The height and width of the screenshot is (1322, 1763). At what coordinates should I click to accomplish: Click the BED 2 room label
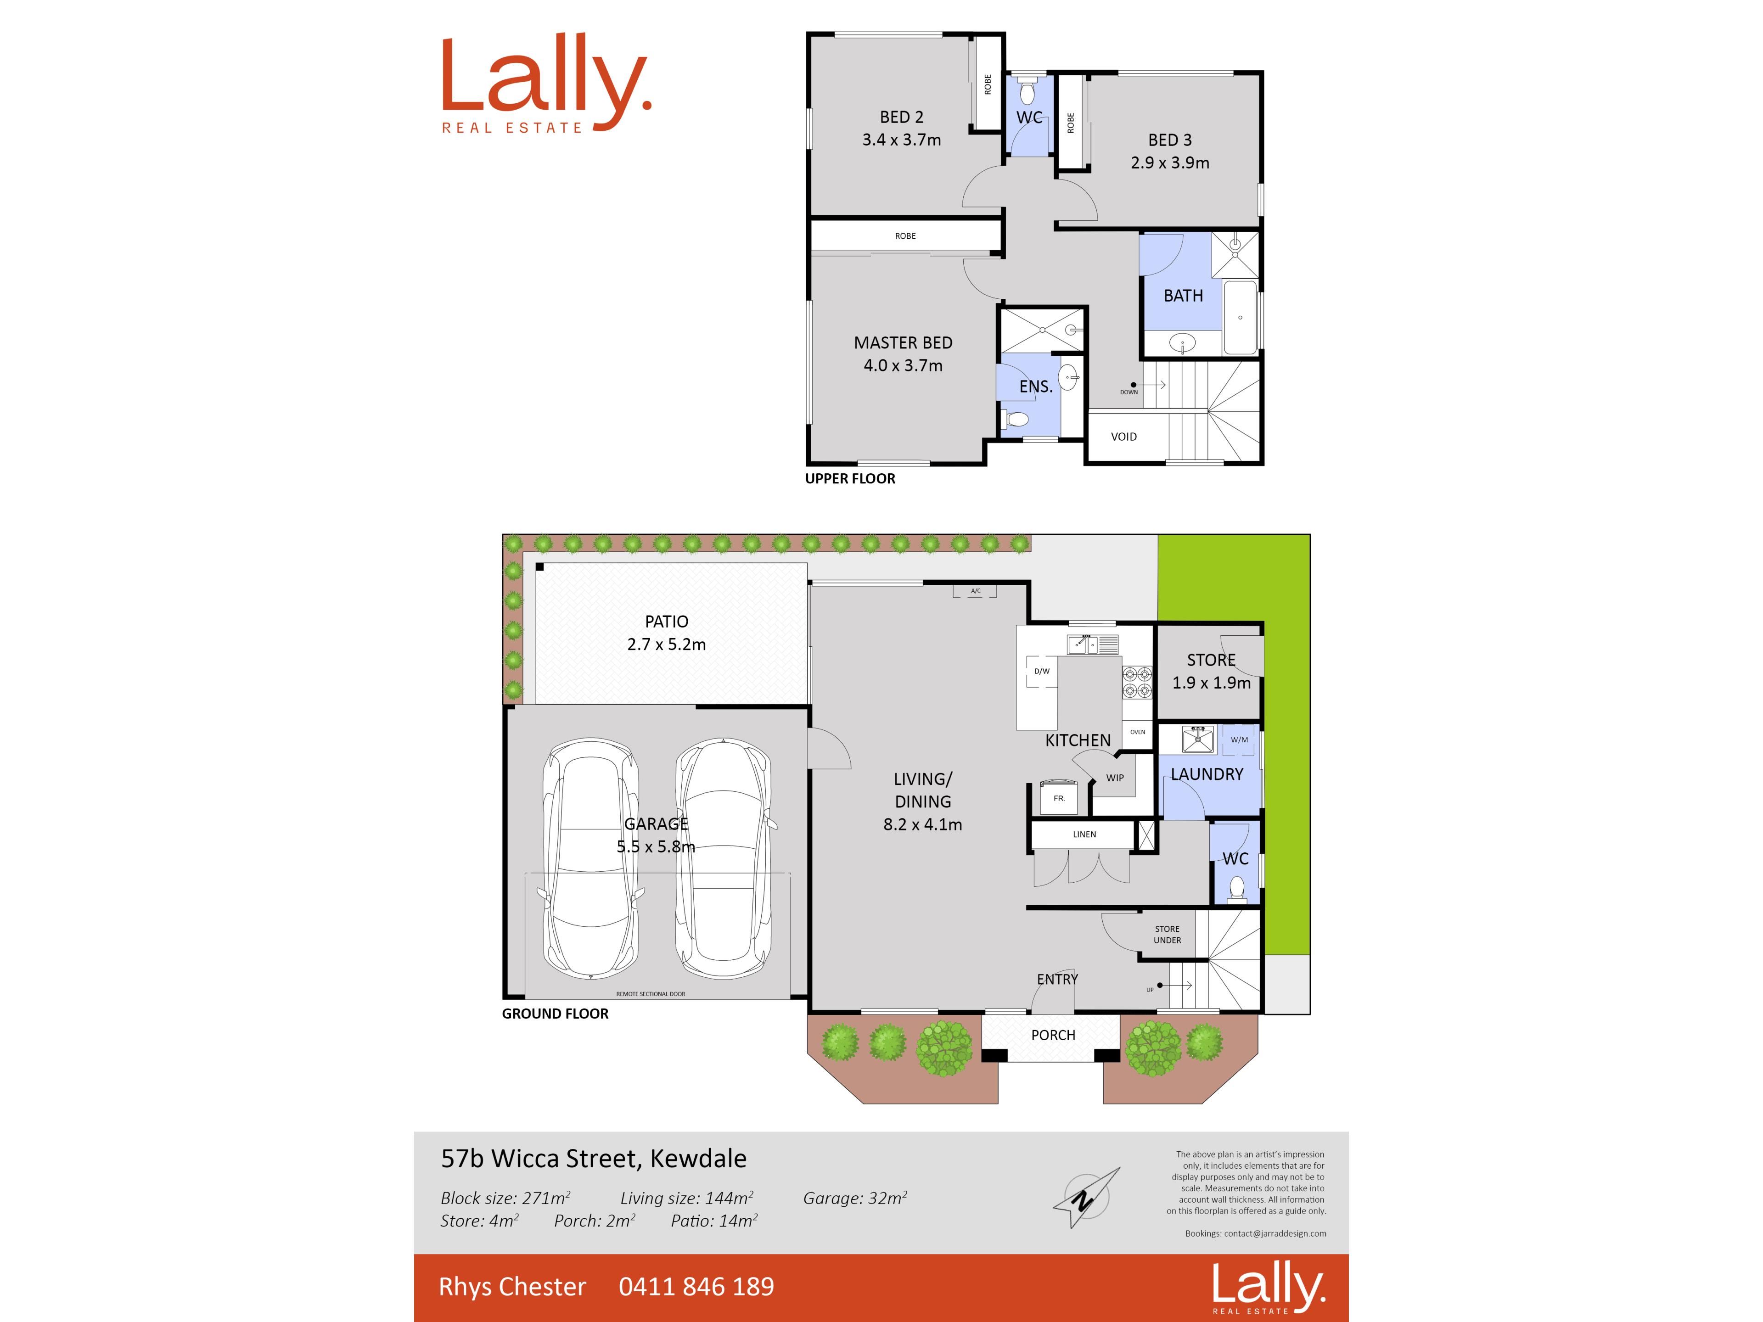point(901,117)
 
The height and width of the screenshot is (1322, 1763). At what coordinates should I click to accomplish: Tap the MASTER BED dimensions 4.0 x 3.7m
point(903,366)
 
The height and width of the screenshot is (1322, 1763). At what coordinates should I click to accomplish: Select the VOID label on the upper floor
point(1124,437)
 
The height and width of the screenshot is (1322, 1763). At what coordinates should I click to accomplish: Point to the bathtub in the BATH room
point(1240,317)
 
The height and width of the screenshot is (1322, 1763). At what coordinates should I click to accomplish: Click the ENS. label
point(1036,387)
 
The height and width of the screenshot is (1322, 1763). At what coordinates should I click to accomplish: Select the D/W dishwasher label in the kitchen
point(1042,671)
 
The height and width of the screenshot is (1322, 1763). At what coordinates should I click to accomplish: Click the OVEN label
point(1137,732)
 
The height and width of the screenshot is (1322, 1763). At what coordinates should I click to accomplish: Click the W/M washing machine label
point(1239,739)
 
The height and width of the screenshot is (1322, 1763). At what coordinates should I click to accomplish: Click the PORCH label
point(1053,1035)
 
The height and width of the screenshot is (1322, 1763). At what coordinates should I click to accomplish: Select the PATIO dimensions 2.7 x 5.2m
point(666,644)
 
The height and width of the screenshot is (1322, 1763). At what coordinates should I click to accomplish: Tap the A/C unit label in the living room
point(976,591)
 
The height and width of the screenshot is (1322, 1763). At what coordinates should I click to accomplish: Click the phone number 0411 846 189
point(696,1286)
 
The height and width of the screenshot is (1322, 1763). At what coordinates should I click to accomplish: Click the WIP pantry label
point(1115,778)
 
